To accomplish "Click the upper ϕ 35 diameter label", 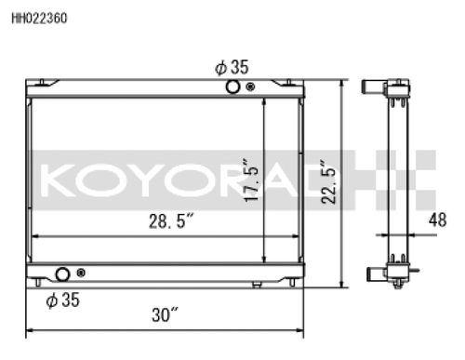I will coord(232,67).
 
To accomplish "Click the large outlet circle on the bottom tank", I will coord(63,275).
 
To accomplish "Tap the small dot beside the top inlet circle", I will coord(251,87).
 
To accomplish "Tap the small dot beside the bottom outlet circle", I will coord(83,274).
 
